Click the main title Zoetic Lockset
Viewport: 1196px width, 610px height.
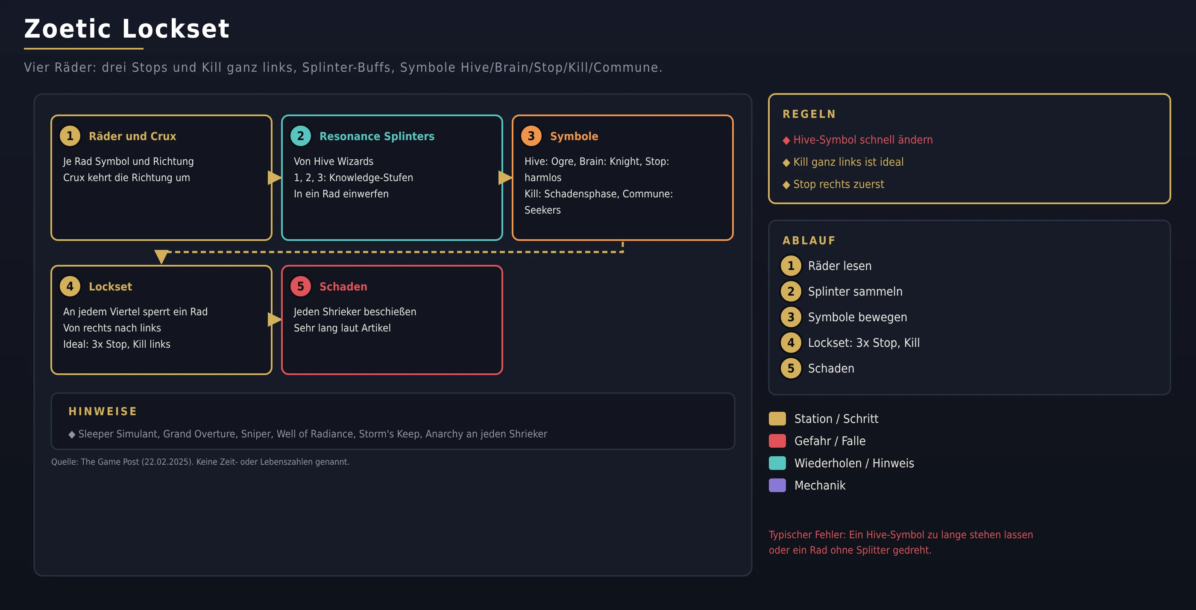[x=127, y=29]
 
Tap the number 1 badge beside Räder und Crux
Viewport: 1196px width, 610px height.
[x=70, y=136]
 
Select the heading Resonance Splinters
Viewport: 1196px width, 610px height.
[x=377, y=136]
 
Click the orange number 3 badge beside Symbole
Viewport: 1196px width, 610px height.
[x=531, y=136]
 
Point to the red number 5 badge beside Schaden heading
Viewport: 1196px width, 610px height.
[x=300, y=287]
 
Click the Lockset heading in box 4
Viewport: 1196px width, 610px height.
[x=111, y=287]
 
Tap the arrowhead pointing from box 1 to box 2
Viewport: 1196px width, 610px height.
[x=274, y=177]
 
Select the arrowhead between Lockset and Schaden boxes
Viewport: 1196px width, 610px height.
[x=274, y=320]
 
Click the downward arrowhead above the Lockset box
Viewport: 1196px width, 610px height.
[x=161, y=257]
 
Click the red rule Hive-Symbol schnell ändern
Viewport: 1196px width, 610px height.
[x=858, y=140]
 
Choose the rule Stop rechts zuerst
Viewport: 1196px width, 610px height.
[x=833, y=184]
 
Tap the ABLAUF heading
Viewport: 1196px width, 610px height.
[x=809, y=240]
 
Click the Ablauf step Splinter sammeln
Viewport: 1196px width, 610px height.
[x=855, y=291]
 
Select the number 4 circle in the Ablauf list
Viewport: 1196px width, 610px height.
[x=791, y=343]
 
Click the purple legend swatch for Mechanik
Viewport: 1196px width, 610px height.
[x=777, y=485]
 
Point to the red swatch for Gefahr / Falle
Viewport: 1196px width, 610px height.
[x=777, y=440]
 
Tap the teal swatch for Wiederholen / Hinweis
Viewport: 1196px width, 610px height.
[x=777, y=463]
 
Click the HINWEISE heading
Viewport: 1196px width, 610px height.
[x=103, y=411]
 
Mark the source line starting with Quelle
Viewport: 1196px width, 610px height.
[x=200, y=462]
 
